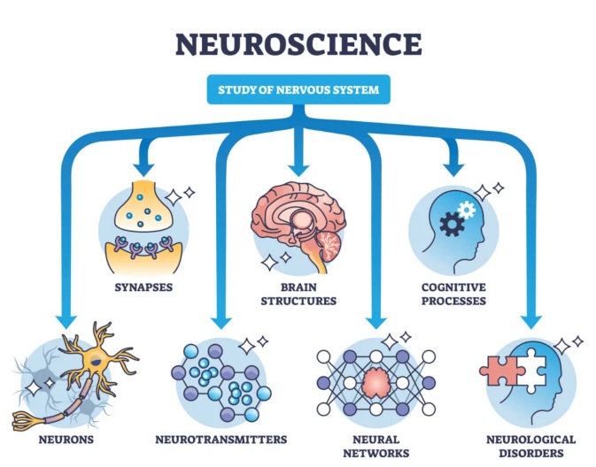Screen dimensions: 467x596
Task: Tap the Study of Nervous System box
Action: coord(298,89)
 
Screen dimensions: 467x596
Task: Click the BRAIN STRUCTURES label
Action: coord(298,295)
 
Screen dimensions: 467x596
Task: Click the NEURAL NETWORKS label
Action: coord(377,445)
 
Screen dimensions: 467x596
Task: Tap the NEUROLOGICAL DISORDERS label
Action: coord(530,445)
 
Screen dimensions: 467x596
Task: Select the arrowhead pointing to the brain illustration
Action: coord(298,165)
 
